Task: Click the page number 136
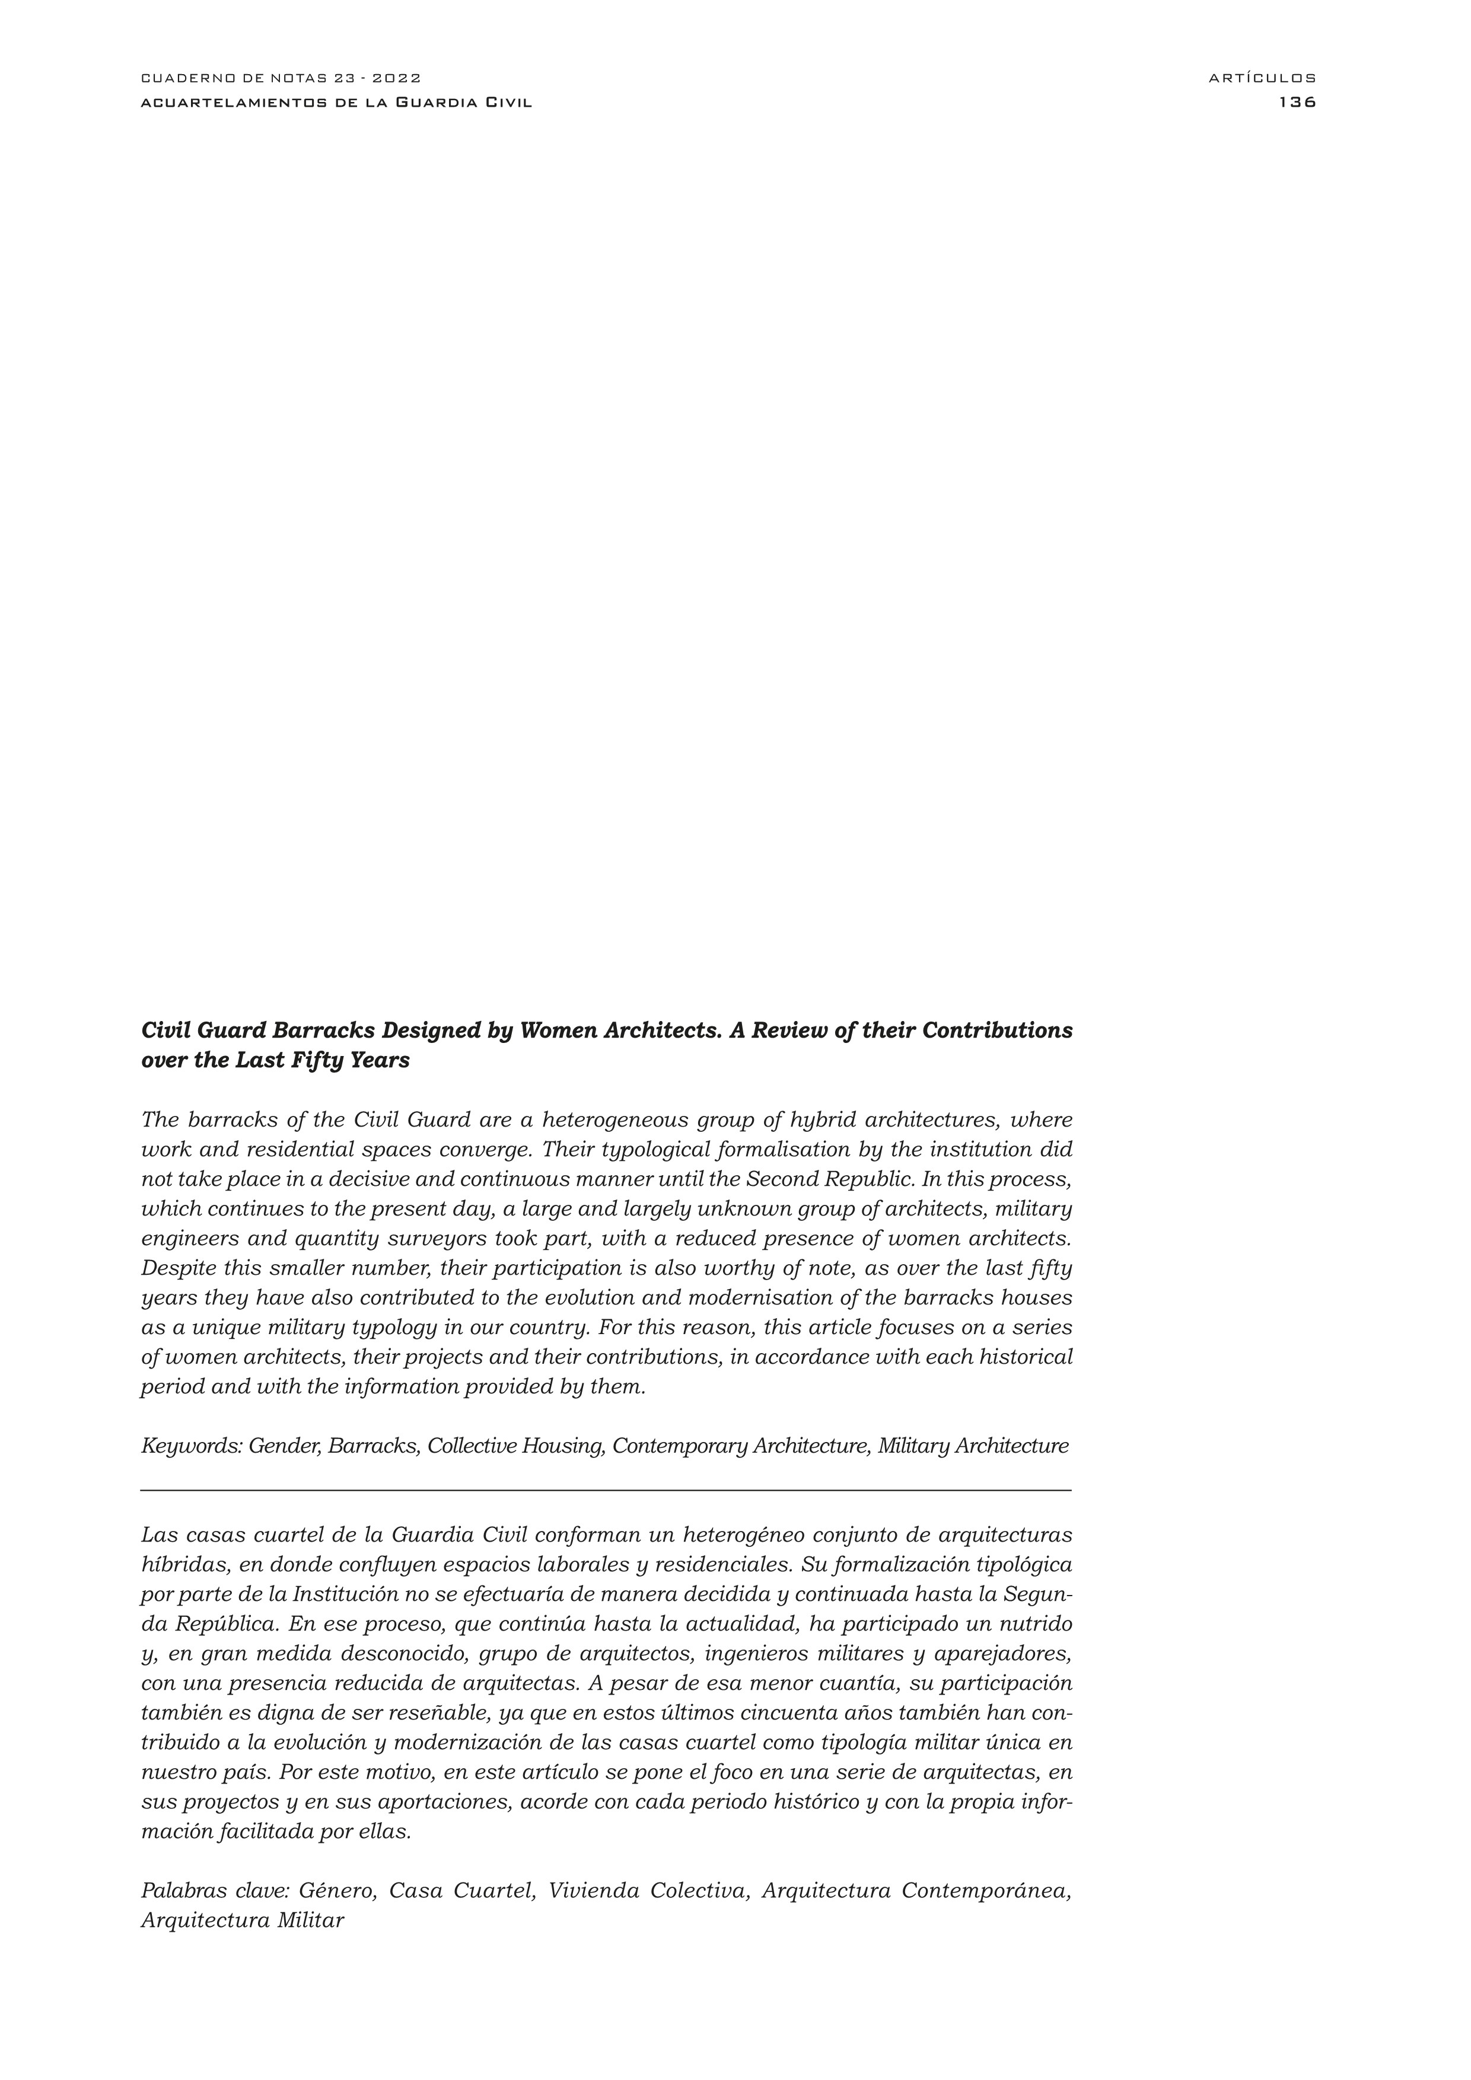1297,103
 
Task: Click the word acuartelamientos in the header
230,103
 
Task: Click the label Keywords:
191,1446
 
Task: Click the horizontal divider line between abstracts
606,1490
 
